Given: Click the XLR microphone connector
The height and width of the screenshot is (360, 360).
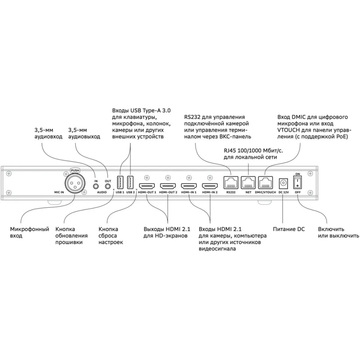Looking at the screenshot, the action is pos(75,183).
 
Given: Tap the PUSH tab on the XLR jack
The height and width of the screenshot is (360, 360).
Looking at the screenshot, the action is pos(75,171).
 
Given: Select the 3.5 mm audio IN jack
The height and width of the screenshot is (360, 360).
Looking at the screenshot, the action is pos(96,186).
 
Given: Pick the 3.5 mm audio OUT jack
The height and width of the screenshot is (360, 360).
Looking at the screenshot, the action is pos(108,186).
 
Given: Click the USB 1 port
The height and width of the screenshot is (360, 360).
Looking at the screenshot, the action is pos(120,183).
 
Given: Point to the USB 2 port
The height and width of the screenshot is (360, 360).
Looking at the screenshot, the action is pos(130,183).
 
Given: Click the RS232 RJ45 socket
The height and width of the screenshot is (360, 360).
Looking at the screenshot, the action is pos(231,183).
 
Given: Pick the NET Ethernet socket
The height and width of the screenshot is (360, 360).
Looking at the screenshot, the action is pos(248,183).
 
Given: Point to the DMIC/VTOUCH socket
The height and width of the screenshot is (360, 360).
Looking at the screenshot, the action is pos(265,183).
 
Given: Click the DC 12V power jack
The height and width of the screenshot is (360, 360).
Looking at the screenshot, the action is pos(284,184).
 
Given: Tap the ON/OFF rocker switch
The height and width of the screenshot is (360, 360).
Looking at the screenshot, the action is pos(298,183).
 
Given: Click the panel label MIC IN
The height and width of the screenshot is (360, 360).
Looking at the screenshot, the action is pos(59,192).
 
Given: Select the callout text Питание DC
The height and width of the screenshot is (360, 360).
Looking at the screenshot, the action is pos(289,229).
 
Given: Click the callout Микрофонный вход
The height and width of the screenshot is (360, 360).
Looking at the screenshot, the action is pos(30,232).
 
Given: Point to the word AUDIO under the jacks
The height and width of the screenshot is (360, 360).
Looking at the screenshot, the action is pos(102,192).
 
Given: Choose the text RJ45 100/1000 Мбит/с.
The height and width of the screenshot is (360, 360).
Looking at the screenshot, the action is pos(253,151).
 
